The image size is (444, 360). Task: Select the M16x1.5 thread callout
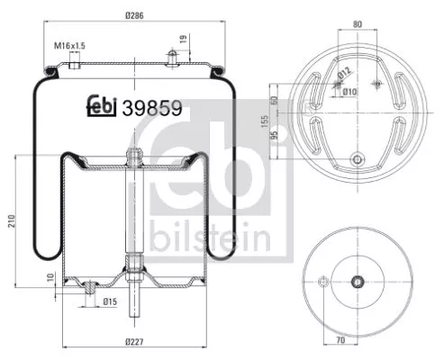(68, 44)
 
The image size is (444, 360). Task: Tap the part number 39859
(153, 107)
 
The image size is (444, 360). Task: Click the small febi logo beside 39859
(104, 107)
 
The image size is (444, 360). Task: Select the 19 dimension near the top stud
(185, 39)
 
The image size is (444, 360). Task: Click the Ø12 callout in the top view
(344, 75)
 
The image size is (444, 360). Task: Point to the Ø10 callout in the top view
(349, 91)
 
